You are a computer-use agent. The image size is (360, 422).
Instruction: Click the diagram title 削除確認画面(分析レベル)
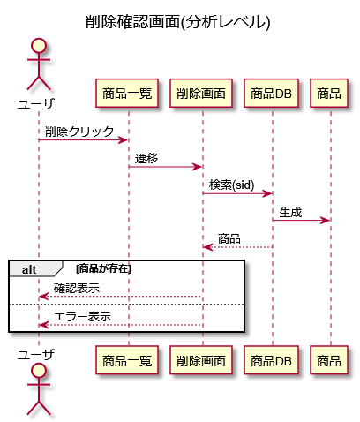pyautogui.click(x=177, y=22)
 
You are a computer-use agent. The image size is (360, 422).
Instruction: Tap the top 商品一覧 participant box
pyautogui.click(x=127, y=94)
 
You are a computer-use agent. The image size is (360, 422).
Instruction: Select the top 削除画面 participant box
pyautogui.click(x=201, y=94)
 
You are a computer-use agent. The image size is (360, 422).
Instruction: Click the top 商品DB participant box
pyautogui.click(x=271, y=94)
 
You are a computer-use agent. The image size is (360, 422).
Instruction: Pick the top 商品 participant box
pyautogui.click(x=329, y=94)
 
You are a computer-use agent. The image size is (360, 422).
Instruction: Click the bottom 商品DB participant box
pyautogui.click(x=271, y=360)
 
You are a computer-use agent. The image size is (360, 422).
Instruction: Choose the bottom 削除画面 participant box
pyautogui.click(x=201, y=360)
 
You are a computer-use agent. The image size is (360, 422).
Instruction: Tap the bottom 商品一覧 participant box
pyautogui.click(x=127, y=360)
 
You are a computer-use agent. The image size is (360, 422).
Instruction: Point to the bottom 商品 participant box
pyautogui.click(x=329, y=360)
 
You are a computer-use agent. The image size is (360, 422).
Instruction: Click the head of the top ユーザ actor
pyautogui.click(x=39, y=46)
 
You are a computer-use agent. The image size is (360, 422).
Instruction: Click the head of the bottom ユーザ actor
pyautogui.click(x=39, y=371)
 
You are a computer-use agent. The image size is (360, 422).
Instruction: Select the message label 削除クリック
pyautogui.click(x=79, y=132)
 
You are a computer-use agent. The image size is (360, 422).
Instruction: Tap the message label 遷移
pyautogui.click(x=146, y=158)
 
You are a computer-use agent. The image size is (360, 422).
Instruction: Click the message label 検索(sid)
pyautogui.click(x=231, y=185)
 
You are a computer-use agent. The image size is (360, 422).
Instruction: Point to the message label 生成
pyautogui.click(x=290, y=212)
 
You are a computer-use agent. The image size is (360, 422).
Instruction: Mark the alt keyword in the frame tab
pyautogui.click(x=29, y=269)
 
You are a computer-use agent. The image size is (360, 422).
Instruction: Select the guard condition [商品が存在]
pyautogui.click(x=103, y=268)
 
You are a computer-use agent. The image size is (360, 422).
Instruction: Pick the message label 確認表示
pyautogui.click(x=77, y=288)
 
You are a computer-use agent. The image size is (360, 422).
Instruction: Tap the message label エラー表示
pyautogui.click(x=82, y=317)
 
